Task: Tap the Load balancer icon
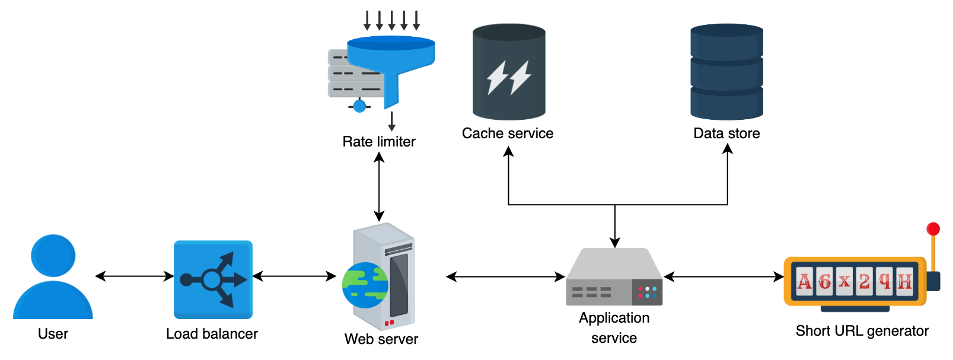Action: (213, 279)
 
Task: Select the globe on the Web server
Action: (365, 285)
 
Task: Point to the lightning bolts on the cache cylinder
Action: (509, 77)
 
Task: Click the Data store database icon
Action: (726, 72)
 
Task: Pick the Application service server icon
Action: (614, 276)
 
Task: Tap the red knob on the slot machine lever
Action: (933, 229)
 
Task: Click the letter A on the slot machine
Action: (804, 281)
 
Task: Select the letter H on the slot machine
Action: (904, 281)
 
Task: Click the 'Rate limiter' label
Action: (378, 142)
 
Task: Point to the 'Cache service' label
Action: (508, 133)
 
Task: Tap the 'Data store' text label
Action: (726, 133)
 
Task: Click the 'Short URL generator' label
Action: (862, 330)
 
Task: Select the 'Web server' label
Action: (381, 339)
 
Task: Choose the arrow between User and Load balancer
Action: (135, 276)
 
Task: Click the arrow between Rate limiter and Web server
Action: (379, 187)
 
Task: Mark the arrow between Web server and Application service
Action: (506, 276)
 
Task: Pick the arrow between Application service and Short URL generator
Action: (723, 276)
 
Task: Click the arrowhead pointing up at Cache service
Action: (508, 151)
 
